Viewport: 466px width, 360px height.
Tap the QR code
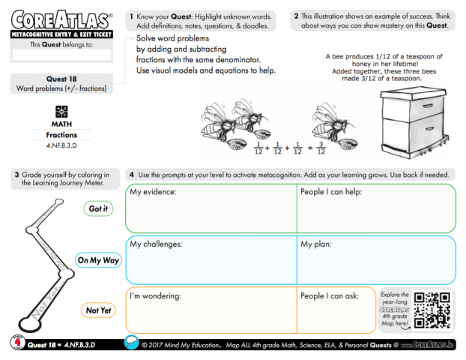tap(432, 309)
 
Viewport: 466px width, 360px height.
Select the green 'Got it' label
tap(98, 208)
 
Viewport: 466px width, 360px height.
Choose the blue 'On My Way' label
tap(98, 260)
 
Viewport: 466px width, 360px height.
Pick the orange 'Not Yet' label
tap(98, 310)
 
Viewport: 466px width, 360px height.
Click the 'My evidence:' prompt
tap(153, 192)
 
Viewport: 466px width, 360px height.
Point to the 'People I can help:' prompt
tap(333, 192)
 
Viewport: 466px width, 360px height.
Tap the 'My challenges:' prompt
tap(156, 244)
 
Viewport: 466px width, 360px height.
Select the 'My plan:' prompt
tap(318, 244)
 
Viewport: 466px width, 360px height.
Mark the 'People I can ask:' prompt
tap(331, 296)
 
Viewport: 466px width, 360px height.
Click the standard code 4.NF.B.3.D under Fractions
tap(61, 145)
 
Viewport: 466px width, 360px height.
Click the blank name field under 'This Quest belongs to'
tap(61, 55)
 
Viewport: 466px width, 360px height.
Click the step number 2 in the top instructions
tap(297, 15)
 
